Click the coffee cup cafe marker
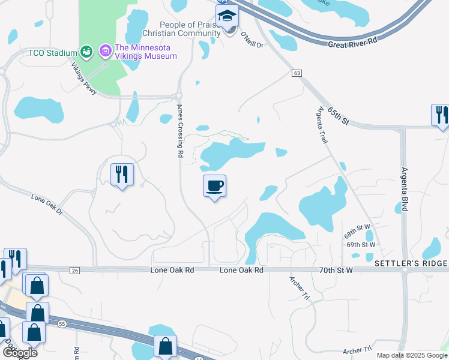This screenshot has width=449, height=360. [214, 186]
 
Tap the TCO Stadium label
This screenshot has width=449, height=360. [53, 53]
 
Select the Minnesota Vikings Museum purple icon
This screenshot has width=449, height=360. [106, 52]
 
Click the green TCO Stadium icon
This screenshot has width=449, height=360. [86, 53]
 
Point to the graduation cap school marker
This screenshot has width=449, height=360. [228, 17]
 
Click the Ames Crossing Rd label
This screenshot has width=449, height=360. [179, 131]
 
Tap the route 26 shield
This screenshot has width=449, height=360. [74, 271]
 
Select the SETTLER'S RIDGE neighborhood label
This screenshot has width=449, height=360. [411, 264]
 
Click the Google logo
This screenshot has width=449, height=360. [19, 353]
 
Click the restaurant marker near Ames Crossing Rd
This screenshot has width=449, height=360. [122, 175]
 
